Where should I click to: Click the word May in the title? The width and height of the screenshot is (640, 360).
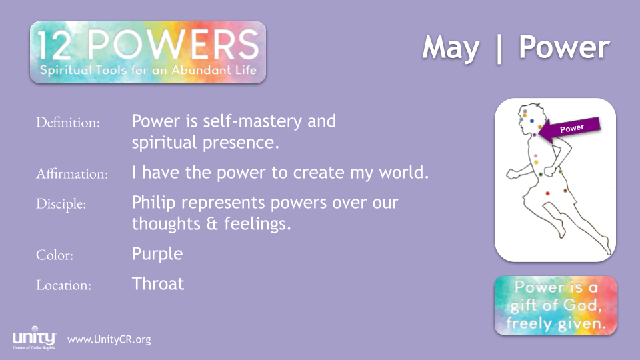451,49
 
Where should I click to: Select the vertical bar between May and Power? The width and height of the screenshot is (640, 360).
499,49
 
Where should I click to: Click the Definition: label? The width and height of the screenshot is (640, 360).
68,123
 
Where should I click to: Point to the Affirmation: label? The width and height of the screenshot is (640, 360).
72,174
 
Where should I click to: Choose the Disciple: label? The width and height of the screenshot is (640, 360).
61,204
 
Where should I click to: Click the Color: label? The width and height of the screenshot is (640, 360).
54,255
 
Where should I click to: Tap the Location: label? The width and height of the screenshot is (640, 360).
63,285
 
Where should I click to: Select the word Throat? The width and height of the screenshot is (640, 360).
158,284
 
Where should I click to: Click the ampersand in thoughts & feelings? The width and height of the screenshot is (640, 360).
212,224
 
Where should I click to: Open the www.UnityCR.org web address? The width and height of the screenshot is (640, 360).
109,339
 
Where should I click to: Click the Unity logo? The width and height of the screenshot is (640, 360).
34,338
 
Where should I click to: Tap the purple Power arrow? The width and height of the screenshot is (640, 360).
570,129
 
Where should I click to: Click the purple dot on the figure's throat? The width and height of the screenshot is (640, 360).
534,135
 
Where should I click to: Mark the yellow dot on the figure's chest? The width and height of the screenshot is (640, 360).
536,163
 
